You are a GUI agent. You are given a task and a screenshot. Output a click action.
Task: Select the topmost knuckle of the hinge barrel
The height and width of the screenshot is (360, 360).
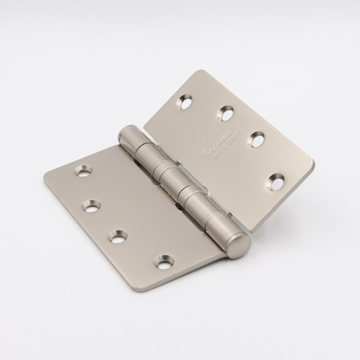[x=131, y=137]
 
